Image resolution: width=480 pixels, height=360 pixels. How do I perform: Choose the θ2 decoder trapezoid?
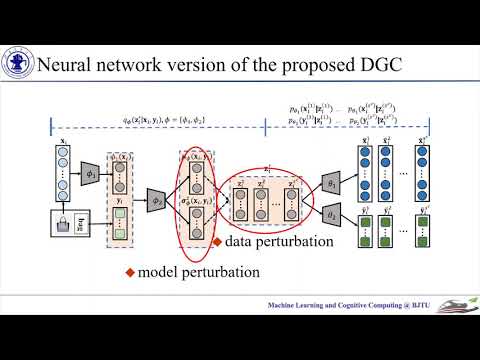click(x=332, y=215)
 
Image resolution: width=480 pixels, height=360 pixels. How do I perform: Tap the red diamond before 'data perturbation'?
click(x=217, y=242)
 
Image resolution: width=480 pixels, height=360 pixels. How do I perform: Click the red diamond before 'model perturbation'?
click(x=128, y=271)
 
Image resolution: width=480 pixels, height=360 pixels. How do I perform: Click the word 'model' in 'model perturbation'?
click(x=158, y=271)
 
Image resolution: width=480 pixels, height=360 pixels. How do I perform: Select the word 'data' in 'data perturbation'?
click(x=241, y=242)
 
